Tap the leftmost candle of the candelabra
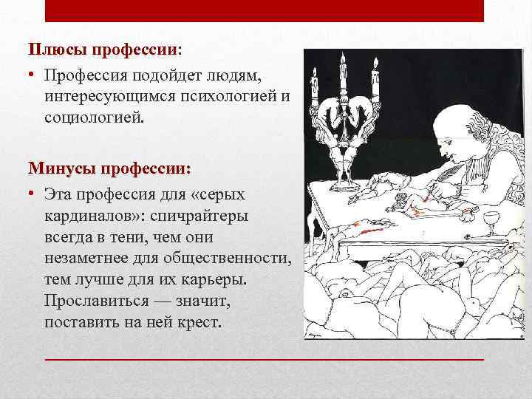[315, 84]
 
